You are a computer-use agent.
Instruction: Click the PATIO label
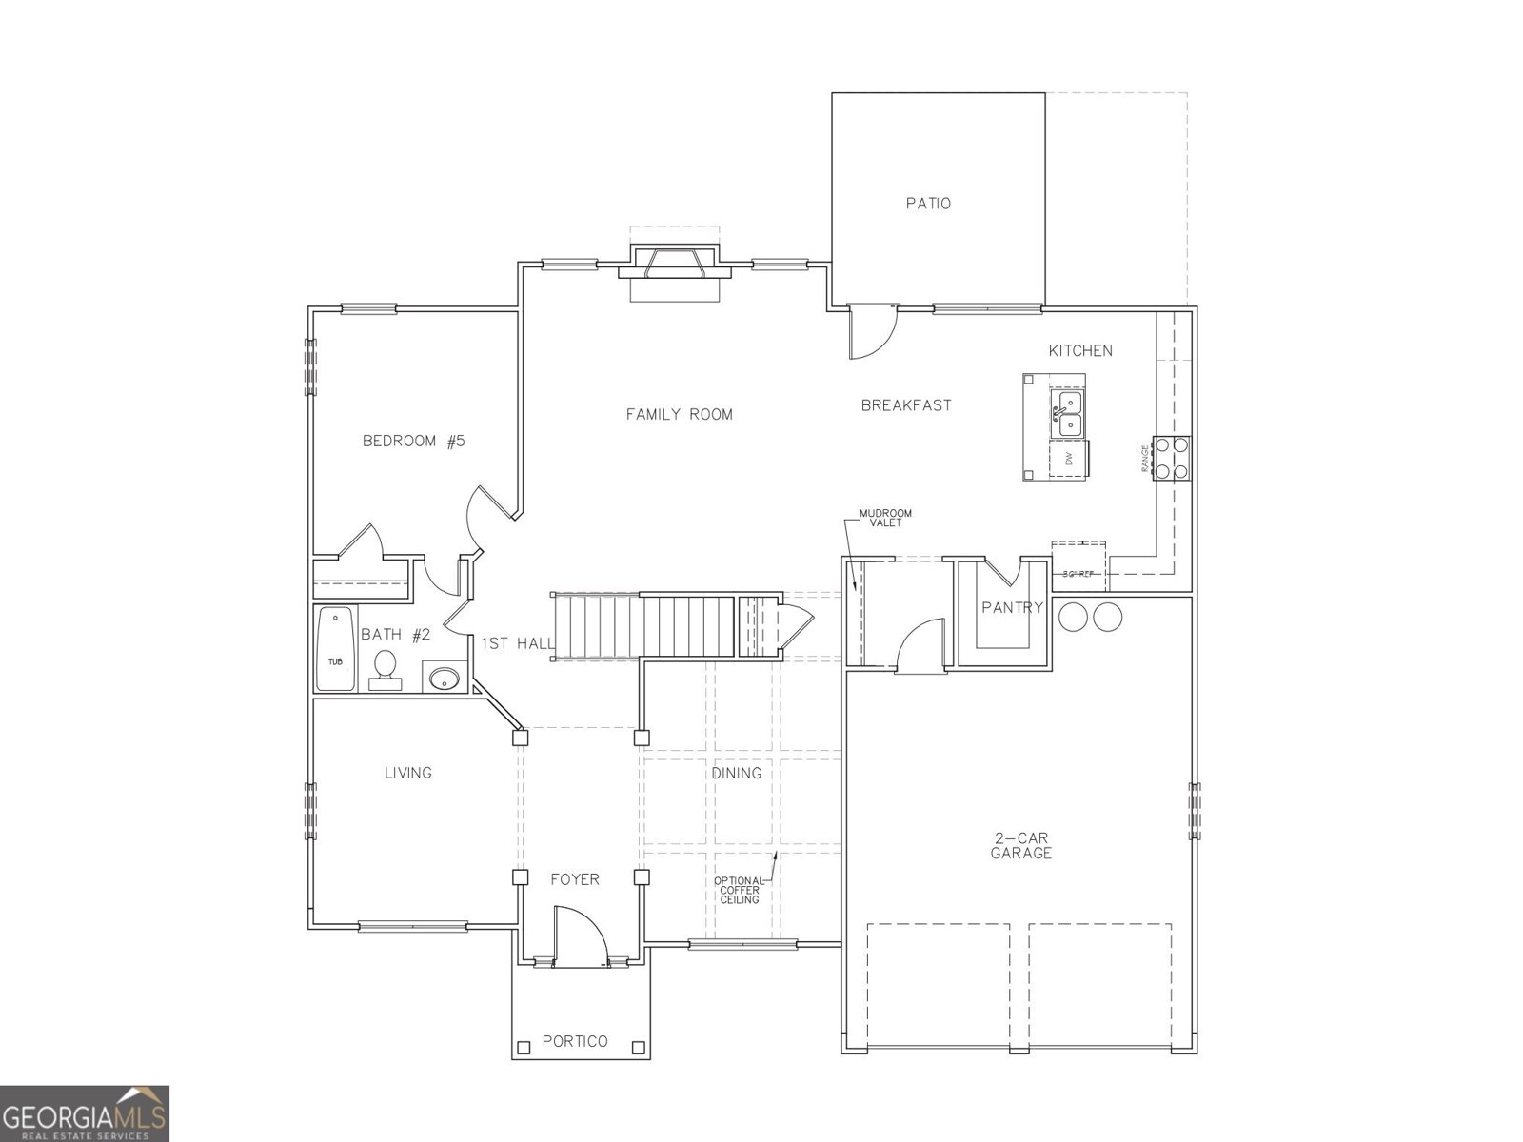click(928, 204)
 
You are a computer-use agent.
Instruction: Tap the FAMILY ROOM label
click(679, 414)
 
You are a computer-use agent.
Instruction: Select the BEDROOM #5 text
click(413, 441)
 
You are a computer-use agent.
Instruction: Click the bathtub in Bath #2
click(335, 648)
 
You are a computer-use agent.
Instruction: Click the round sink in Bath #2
click(444, 679)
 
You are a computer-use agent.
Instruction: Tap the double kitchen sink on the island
click(1067, 416)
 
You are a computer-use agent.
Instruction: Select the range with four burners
click(1171, 457)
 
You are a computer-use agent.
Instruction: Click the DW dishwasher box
click(1069, 459)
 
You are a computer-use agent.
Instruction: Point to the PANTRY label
click(1012, 607)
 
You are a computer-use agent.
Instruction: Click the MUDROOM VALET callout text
click(880, 519)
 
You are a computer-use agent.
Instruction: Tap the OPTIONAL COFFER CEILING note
click(739, 890)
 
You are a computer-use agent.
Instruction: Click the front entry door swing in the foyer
click(579, 936)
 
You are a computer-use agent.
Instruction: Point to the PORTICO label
click(575, 1041)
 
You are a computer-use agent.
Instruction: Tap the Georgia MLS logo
click(85, 1113)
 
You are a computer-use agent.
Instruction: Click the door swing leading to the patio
click(871, 332)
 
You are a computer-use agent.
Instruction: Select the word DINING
click(736, 773)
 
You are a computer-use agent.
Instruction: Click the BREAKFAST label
click(905, 405)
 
